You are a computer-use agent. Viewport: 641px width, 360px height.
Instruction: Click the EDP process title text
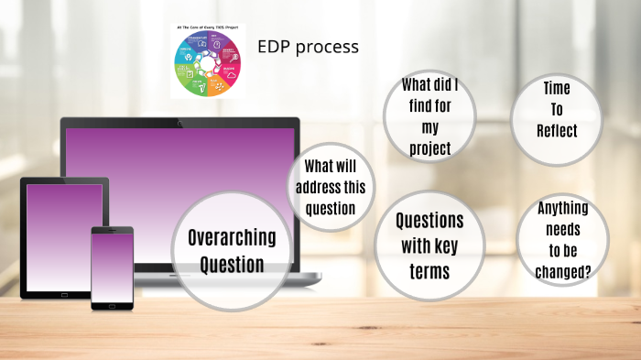click(x=308, y=47)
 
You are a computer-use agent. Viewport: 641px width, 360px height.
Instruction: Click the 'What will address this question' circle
click(x=331, y=187)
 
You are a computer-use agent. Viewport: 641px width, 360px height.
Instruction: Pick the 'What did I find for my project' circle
click(x=429, y=116)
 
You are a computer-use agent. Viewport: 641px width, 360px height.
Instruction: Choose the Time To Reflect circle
click(x=557, y=110)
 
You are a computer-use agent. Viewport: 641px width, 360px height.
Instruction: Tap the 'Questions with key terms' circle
click(x=429, y=245)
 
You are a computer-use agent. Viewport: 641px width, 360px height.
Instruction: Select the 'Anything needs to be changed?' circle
click(x=562, y=239)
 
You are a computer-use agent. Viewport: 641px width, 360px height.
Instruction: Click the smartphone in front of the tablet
click(x=112, y=266)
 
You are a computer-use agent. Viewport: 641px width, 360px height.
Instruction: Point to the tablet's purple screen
click(x=64, y=233)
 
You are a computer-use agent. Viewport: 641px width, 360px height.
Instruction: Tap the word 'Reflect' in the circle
click(x=557, y=130)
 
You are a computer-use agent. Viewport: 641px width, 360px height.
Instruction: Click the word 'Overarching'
click(x=232, y=238)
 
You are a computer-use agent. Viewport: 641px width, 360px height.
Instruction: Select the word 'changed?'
click(x=562, y=270)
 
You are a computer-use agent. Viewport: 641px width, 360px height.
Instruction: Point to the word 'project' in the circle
click(x=429, y=147)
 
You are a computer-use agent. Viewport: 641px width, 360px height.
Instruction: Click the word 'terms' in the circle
click(x=429, y=271)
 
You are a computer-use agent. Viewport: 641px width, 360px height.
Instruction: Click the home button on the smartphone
click(x=112, y=305)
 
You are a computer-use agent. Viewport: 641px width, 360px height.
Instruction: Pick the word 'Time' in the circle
click(x=557, y=89)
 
